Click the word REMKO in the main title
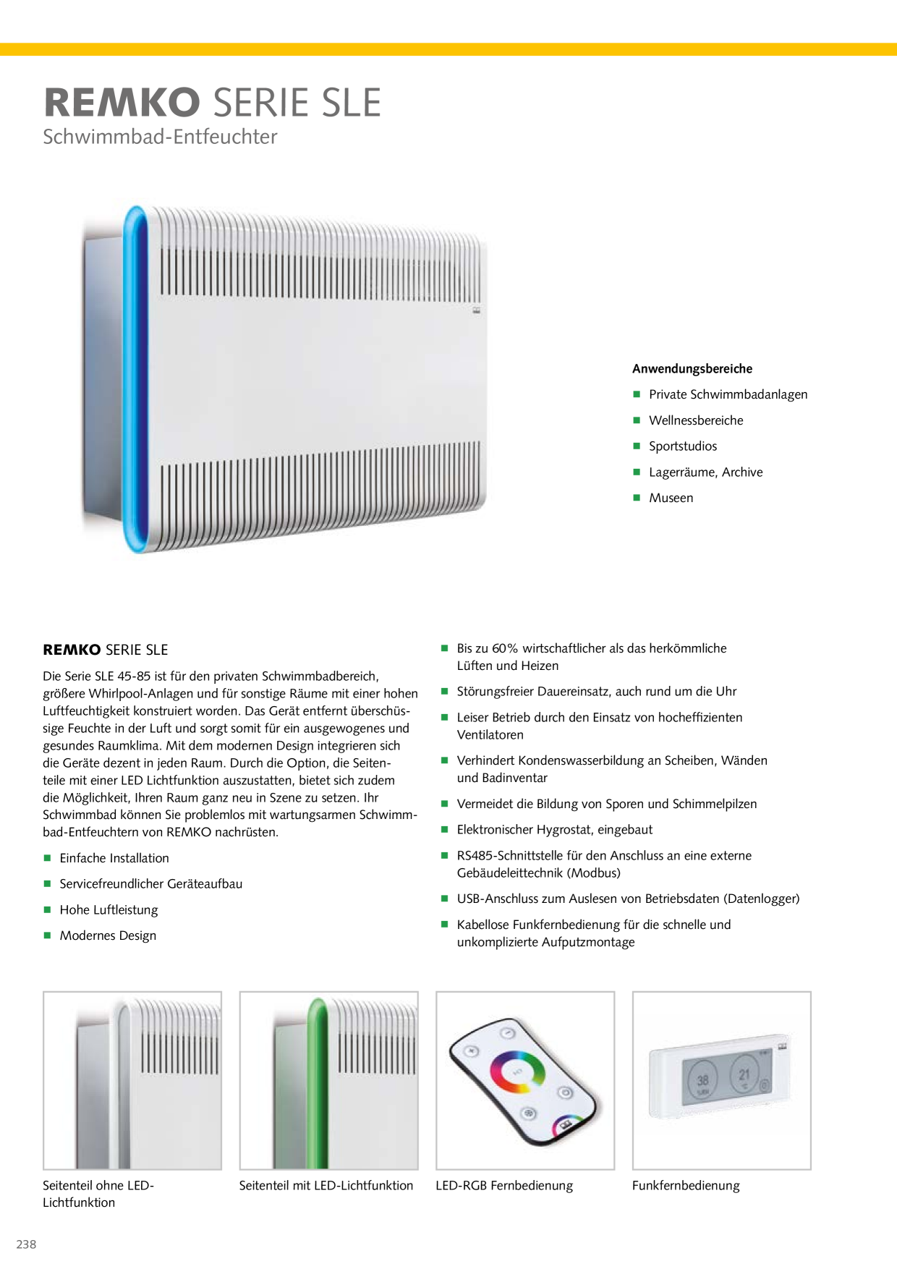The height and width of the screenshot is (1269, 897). click(122, 102)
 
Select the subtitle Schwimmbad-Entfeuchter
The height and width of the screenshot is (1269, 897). click(160, 137)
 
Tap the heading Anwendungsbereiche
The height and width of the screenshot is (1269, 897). click(692, 369)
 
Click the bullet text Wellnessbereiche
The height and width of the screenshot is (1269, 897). click(696, 420)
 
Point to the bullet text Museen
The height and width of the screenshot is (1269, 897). click(671, 498)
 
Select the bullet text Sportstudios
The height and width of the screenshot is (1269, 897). click(683, 446)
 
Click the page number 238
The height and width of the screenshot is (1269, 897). click(26, 1244)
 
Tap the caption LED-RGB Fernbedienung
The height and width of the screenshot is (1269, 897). click(504, 1186)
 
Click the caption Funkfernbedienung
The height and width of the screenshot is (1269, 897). click(686, 1186)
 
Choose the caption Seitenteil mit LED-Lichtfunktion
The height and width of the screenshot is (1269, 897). click(326, 1186)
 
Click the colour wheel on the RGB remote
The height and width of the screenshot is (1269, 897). click(516, 1071)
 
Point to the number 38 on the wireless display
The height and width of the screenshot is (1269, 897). click(702, 1080)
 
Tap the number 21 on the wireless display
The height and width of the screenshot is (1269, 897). click(744, 1074)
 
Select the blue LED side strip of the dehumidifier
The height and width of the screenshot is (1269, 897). click(135, 379)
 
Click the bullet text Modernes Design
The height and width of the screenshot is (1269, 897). click(108, 935)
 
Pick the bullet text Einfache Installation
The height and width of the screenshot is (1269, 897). click(114, 858)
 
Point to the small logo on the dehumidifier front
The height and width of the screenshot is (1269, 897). click(476, 310)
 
